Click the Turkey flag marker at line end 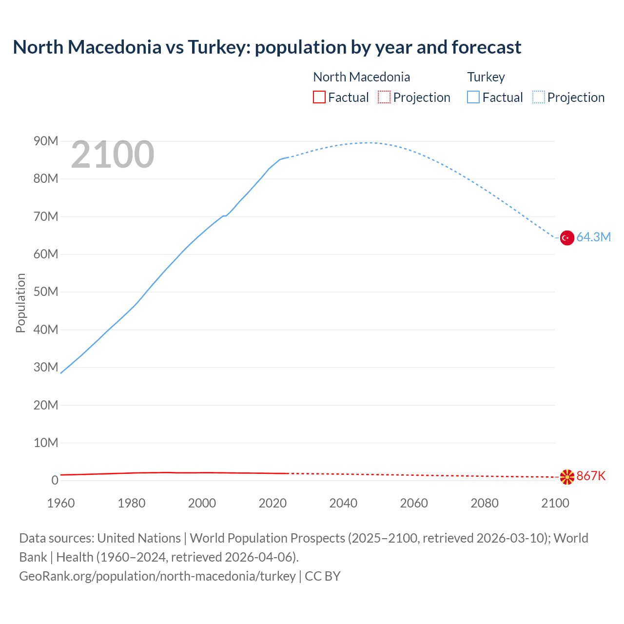coord(567,238)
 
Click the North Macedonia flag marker coord(567,477)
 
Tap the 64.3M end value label coord(593,237)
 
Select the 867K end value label coord(591,476)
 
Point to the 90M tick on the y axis coord(46,141)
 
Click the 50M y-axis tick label coord(46,292)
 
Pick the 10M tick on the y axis coord(46,443)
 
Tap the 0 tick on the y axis coord(55,481)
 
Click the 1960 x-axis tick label coord(61,503)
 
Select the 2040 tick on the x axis coord(343,503)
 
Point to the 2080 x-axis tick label coord(485,503)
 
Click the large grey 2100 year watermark coord(113,155)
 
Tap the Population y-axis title coord(20,303)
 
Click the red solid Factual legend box coord(319,97)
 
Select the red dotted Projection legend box coord(384,97)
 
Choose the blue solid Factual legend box coord(473,97)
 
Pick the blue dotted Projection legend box coord(539,97)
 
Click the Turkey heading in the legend coord(486,77)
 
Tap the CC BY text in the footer coord(322,576)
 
